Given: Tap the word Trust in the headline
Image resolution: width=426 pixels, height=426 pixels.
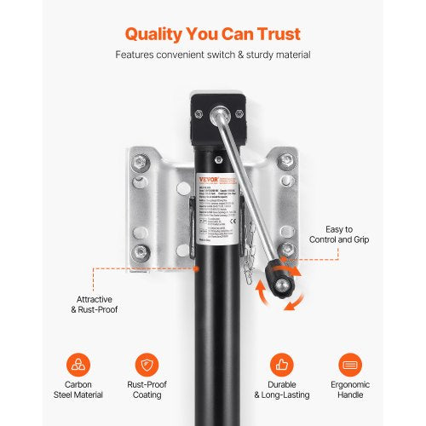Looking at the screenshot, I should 273,34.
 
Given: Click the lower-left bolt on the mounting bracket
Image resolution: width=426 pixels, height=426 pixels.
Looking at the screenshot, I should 139,252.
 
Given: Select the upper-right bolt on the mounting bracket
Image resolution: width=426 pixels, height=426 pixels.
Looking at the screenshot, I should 287,160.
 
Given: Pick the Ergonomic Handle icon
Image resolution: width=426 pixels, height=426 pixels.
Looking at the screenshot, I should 349,365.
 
